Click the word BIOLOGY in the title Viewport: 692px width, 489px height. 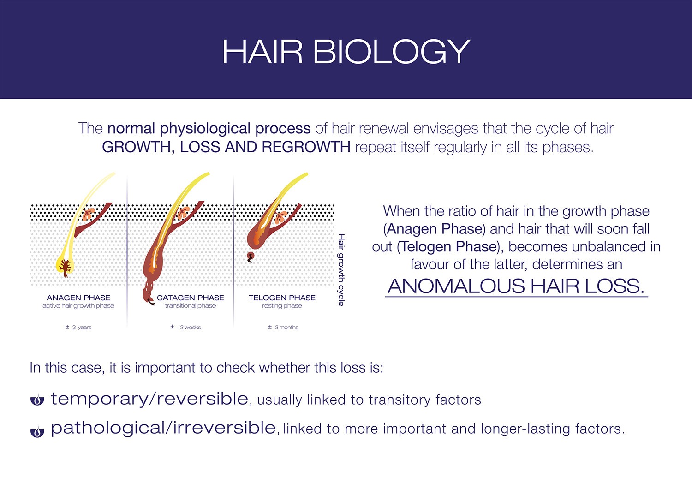pyautogui.click(x=392, y=52)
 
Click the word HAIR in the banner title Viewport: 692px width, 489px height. pyautogui.click(x=262, y=52)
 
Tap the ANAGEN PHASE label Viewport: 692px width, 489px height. pyautogui.click(x=78, y=298)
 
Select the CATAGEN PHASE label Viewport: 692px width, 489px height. pyautogui.click(x=190, y=298)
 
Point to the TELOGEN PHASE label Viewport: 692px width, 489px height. pyautogui.click(x=282, y=298)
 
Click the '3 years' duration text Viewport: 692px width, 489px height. pyautogui.click(x=78, y=327)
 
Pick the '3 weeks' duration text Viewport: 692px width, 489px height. pyautogui.click(x=185, y=327)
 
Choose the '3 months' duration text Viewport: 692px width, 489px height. pyautogui.click(x=283, y=327)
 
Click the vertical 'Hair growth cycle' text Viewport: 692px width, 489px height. pyautogui.click(x=341, y=270)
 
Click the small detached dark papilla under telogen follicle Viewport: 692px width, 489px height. pyautogui.click(x=251, y=257)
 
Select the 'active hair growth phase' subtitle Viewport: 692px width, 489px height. pyautogui.click(x=78, y=306)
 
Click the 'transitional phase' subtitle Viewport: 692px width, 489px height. pyautogui.click(x=190, y=306)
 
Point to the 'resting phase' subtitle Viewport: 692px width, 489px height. pyautogui.click(x=282, y=306)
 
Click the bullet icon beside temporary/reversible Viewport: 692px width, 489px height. pyautogui.click(x=37, y=400)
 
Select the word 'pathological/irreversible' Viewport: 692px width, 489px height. pyautogui.click(x=163, y=429)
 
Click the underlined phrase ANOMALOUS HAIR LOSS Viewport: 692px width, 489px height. pyautogui.click(x=516, y=286)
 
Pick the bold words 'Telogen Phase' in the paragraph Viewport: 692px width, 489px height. pyautogui.click(x=449, y=246)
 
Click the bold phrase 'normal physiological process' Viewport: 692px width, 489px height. pyautogui.click(x=209, y=129)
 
